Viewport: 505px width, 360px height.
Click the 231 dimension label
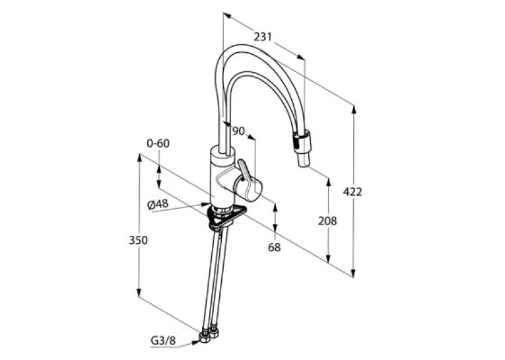tap(263, 37)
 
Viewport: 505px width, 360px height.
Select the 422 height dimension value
tap(353, 192)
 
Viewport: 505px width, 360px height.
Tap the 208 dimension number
tap(327, 221)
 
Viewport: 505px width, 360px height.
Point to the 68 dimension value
tap(275, 247)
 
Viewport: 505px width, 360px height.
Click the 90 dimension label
tap(238, 131)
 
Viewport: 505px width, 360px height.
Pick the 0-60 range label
tap(158, 143)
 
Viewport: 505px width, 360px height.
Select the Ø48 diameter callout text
tap(158, 203)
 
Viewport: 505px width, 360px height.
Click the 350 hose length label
tap(138, 240)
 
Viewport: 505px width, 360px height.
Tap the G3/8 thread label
tap(163, 340)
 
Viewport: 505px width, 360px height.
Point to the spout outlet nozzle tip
tap(304, 160)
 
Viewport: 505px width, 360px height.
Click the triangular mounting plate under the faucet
tap(226, 216)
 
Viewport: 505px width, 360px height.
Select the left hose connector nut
tap(204, 337)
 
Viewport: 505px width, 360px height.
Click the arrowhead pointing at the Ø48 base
tap(205, 204)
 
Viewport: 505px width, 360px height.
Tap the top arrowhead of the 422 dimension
tap(354, 110)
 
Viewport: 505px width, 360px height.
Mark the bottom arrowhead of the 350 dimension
tap(139, 292)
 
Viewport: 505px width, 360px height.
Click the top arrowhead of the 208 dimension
tap(328, 182)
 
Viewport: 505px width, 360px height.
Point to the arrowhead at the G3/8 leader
tap(196, 343)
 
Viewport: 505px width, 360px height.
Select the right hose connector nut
tap(214, 333)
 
